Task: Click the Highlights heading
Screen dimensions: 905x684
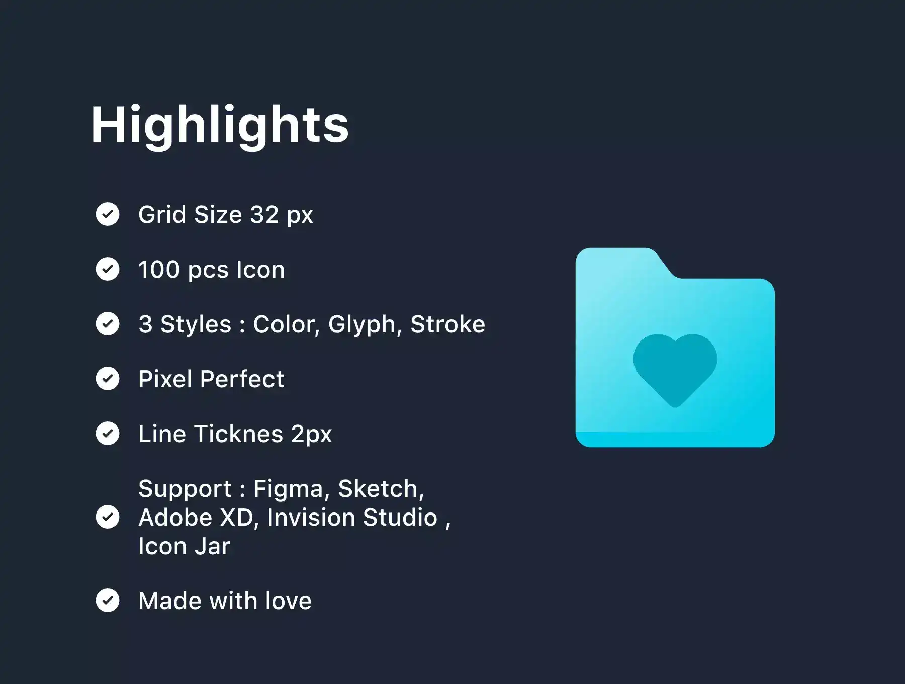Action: pos(220,126)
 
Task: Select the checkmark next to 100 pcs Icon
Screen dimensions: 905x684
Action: pos(108,269)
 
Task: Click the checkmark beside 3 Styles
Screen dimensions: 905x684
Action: pos(108,324)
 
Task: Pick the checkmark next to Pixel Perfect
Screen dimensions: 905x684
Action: pos(108,379)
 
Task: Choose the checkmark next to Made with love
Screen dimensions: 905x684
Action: pos(108,601)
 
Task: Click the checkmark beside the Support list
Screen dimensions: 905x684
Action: pos(108,517)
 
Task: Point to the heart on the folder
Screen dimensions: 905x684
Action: pos(675,370)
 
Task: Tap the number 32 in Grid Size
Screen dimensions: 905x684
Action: pos(264,215)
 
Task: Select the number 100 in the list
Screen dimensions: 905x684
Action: pos(159,270)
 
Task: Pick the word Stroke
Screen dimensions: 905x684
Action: pos(447,324)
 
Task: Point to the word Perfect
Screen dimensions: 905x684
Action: pos(242,379)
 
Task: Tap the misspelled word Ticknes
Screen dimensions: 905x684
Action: pos(238,434)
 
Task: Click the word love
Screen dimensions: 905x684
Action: pos(288,601)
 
